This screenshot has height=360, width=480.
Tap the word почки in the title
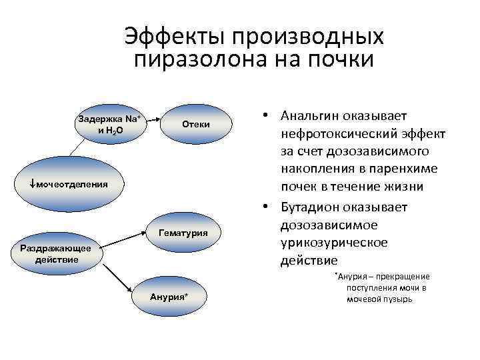341,59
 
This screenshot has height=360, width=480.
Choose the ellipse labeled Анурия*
169,296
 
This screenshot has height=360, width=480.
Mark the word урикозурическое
333,243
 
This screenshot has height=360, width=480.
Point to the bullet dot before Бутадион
265,207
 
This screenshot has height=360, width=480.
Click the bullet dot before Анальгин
265,116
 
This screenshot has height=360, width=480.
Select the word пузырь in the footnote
399,299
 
